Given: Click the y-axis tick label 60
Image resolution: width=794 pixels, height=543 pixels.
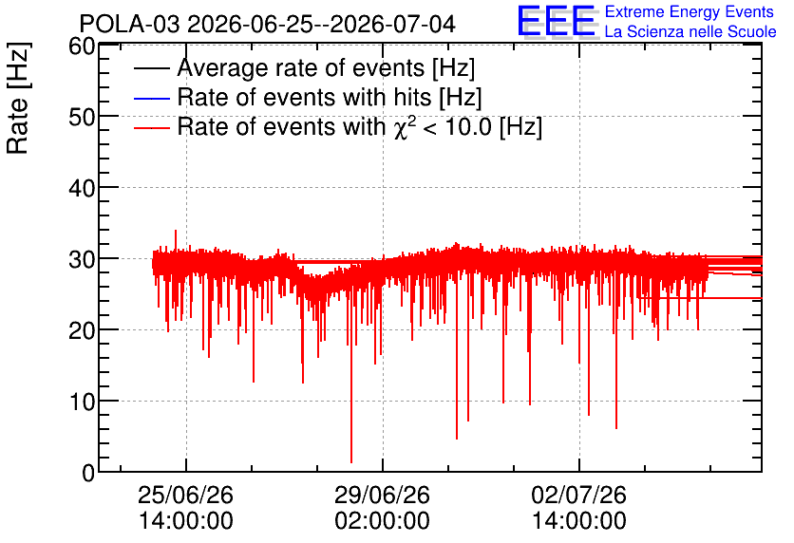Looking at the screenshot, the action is pyautogui.click(x=82, y=47).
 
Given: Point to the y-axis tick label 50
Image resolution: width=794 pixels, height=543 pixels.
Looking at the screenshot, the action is pyautogui.click(x=82, y=118).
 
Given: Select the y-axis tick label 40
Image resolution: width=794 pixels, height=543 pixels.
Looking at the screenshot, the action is pyautogui.click(x=82, y=189).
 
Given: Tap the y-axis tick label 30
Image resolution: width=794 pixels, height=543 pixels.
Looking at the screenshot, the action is pyautogui.click(x=82, y=260).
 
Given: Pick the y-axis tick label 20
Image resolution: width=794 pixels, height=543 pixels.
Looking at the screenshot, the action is pyautogui.click(x=82, y=331).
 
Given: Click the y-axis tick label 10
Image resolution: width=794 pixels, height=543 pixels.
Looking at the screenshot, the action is pyautogui.click(x=82, y=403).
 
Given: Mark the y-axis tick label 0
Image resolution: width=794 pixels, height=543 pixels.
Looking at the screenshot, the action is pyautogui.click(x=88, y=474).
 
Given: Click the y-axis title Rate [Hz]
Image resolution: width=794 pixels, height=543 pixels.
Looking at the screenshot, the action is pyautogui.click(x=19, y=98).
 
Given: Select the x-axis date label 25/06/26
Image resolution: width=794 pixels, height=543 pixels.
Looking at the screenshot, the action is pyautogui.click(x=185, y=495).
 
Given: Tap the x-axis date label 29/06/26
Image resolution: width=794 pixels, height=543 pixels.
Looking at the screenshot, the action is pyautogui.click(x=383, y=495).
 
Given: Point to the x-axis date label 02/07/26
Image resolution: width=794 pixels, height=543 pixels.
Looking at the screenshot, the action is pyautogui.click(x=578, y=495).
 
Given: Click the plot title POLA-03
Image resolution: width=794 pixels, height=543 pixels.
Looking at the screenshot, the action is pyautogui.click(x=129, y=25).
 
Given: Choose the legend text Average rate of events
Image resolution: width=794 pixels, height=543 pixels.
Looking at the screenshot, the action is pyautogui.click(x=301, y=67).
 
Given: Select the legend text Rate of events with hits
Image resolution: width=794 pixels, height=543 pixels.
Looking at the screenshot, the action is pyautogui.click(x=304, y=97).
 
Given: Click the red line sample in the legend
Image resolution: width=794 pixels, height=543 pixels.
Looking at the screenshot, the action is pyautogui.click(x=151, y=128).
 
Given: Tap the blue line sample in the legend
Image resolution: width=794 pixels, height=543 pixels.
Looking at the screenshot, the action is pyautogui.click(x=151, y=98).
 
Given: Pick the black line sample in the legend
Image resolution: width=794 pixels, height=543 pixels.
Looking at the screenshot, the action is pyautogui.click(x=151, y=68).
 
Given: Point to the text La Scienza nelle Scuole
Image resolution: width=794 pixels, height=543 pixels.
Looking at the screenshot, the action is pyautogui.click(x=690, y=32).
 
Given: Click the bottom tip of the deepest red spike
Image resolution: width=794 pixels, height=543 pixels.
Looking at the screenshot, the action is pyautogui.click(x=351, y=462).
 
